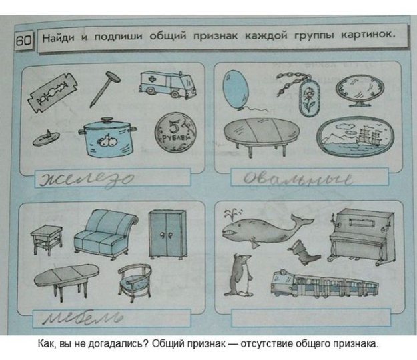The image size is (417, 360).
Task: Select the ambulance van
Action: coord(163,85)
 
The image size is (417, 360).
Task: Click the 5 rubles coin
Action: coord(175,133)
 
